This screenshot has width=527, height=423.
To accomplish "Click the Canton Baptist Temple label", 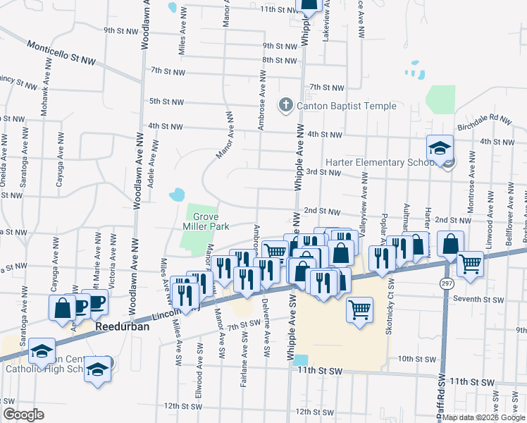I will tap(346, 106).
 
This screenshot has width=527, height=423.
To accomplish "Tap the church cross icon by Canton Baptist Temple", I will tap(285, 106).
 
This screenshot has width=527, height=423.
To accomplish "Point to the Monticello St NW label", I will tap(61, 54).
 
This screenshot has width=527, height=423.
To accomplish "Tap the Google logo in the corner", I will tap(23, 415).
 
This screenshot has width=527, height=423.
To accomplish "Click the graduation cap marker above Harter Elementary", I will tap(440, 148).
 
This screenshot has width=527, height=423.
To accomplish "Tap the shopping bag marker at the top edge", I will tap(308, 5).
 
